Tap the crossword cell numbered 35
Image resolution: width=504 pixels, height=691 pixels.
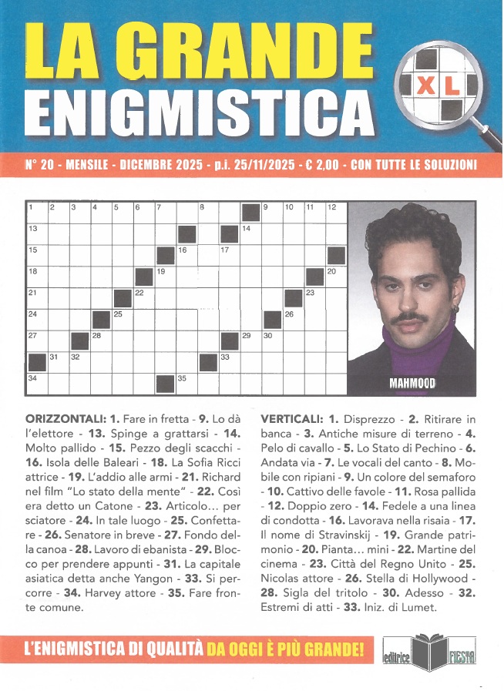[187, 380]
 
